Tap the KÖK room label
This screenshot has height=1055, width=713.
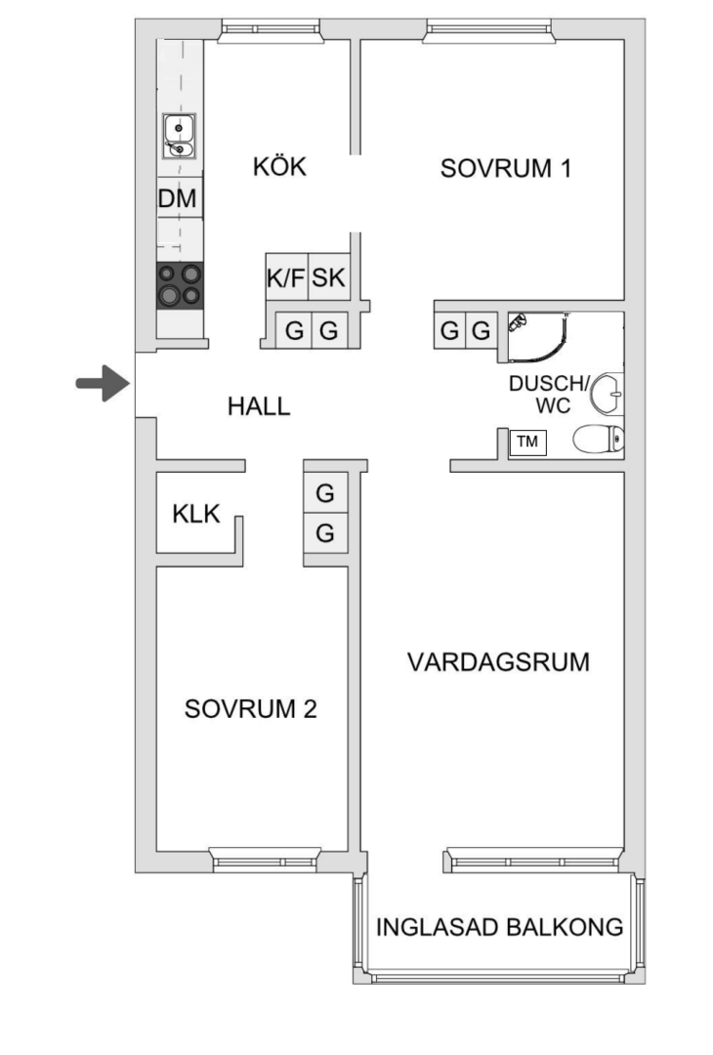click(x=279, y=167)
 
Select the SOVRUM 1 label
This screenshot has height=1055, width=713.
click(x=505, y=168)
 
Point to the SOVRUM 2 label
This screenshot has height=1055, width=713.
click(x=250, y=709)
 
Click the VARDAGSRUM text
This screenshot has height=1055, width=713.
click(x=498, y=662)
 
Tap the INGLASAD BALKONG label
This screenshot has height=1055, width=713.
click(x=499, y=927)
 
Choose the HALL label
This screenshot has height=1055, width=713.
click(x=259, y=406)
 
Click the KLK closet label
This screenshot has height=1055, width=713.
click(x=197, y=514)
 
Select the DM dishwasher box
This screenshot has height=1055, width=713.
click(x=178, y=199)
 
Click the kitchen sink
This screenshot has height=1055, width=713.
click(x=179, y=136)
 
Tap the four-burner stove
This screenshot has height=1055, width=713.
click(x=180, y=284)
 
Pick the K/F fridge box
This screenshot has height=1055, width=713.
click(x=285, y=278)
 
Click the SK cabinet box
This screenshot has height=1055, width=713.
click(x=329, y=278)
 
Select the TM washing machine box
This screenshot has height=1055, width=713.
click(x=527, y=442)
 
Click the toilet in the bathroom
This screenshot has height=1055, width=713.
click(x=597, y=442)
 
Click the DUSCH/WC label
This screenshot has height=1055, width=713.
click(x=548, y=394)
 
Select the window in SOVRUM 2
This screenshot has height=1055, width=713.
click(x=265, y=861)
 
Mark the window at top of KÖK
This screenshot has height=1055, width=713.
click(x=270, y=30)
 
